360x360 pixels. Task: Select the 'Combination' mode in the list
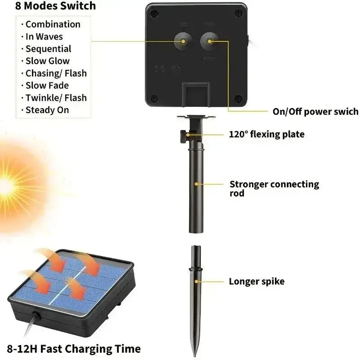pos(53,24)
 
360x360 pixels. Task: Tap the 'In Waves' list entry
pos(44,36)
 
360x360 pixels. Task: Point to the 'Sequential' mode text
pos(48,49)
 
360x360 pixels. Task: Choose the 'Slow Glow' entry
pos(47,61)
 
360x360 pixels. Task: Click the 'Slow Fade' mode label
pos(47,85)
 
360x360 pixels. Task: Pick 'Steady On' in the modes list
pos(47,110)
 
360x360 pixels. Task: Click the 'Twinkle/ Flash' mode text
pos(56,98)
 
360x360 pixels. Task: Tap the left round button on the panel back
pos(184,41)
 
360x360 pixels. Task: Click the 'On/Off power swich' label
pos(315,112)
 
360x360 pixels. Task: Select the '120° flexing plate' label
pos(266,134)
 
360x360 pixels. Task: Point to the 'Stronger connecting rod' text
pos(274,188)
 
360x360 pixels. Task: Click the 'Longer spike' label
pos(256,282)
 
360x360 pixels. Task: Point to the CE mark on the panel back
pos(158,69)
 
